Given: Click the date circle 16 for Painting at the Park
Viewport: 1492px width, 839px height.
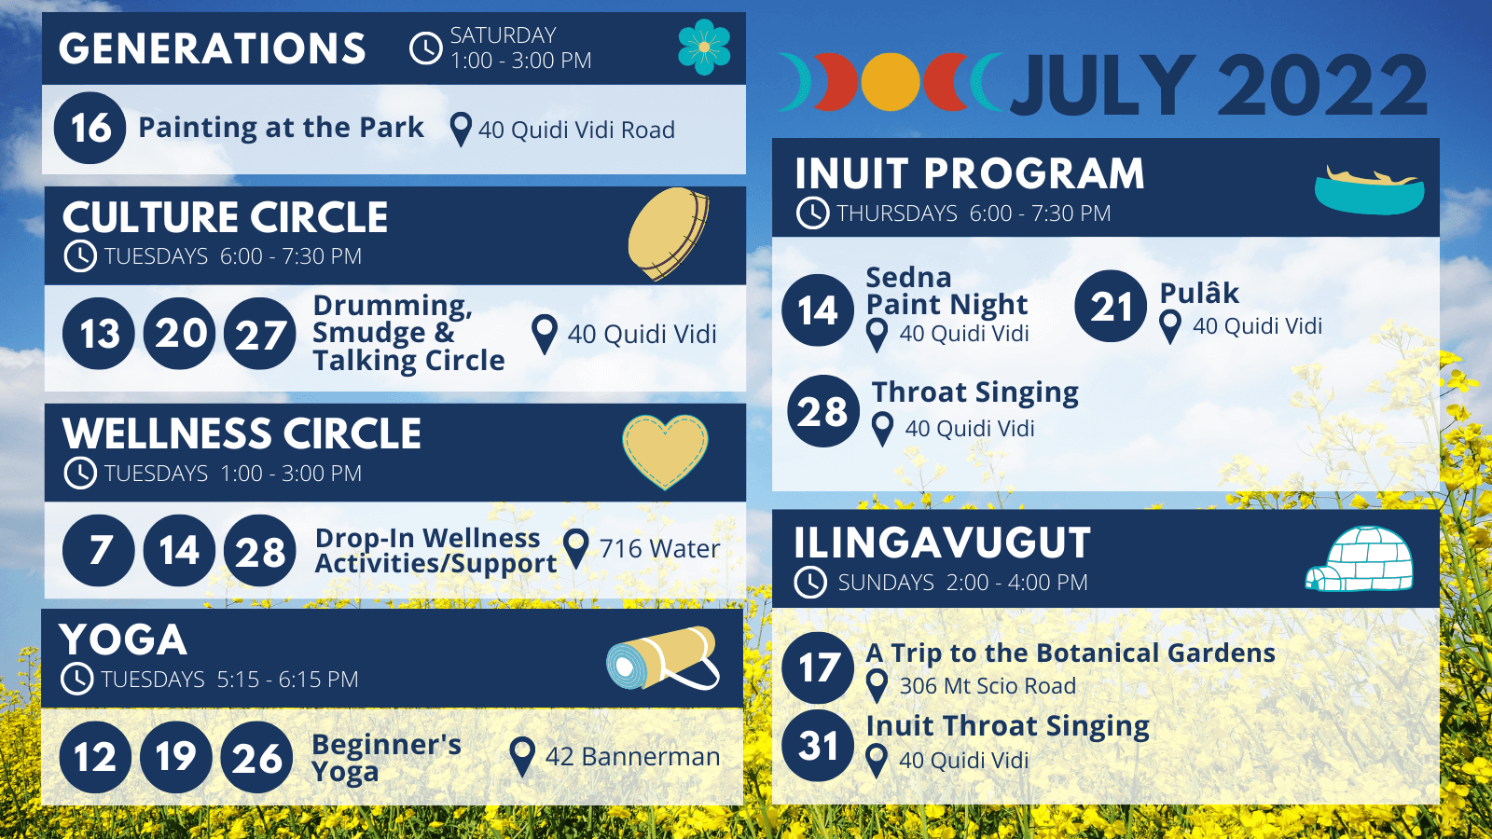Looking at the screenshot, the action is [x=90, y=128].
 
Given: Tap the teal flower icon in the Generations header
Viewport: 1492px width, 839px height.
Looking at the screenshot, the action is [x=704, y=47].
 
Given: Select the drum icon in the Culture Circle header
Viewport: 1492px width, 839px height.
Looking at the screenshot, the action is [x=668, y=234].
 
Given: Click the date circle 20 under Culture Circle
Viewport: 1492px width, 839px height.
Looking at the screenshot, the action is [x=180, y=334].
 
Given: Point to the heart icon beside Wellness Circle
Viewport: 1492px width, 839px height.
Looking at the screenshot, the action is [x=665, y=451].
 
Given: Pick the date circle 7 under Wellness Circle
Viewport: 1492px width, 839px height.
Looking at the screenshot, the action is [x=99, y=551].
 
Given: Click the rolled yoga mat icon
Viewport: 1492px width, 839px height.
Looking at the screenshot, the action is [x=663, y=658].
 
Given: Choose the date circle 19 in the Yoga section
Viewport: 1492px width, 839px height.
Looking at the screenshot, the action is [x=176, y=757].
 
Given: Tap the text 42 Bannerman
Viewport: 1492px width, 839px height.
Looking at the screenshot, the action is [x=633, y=757].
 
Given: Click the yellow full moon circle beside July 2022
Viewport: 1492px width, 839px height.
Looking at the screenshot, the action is [x=891, y=81].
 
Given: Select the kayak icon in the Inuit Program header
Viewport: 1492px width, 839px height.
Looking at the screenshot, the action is [x=1370, y=190].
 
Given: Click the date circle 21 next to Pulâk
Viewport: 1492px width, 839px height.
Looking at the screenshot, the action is [x=1111, y=307].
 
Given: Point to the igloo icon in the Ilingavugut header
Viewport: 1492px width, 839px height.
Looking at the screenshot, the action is [x=1359, y=558].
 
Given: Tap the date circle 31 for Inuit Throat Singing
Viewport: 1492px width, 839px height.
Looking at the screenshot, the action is [x=818, y=746].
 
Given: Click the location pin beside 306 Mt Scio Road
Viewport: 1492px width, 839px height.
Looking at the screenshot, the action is [x=877, y=686].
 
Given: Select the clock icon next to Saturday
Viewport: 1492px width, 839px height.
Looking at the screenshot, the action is [x=425, y=48].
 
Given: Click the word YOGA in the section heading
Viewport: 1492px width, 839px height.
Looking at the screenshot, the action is [x=122, y=640].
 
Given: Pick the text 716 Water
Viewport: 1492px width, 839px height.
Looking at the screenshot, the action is [x=659, y=549].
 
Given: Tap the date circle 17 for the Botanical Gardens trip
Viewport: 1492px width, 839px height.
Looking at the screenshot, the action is [x=818, y=667].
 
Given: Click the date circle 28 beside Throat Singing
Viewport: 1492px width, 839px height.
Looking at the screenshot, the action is [x=823, y=411].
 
